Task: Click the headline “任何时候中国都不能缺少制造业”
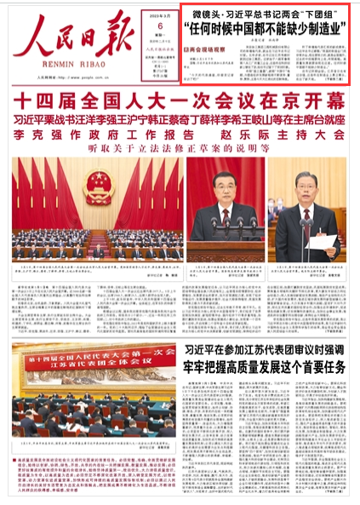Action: click(269, 29)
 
